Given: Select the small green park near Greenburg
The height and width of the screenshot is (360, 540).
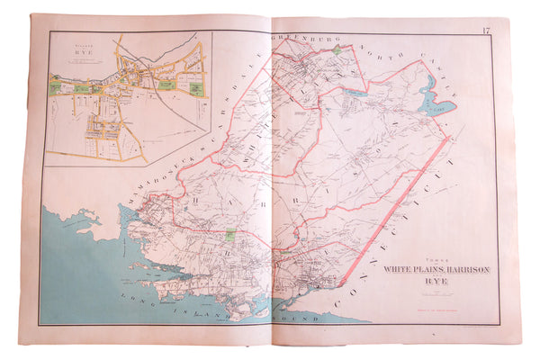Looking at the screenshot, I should pos(337,51).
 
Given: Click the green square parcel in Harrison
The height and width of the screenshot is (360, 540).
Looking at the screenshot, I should pos(229,235).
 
